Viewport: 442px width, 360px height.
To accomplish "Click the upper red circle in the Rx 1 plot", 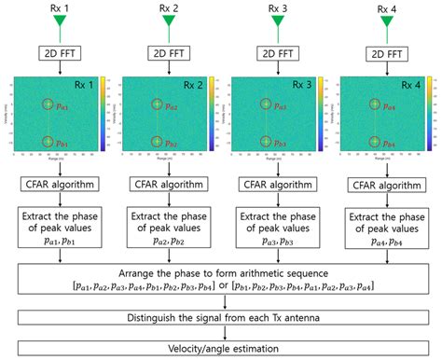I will click(48, 105).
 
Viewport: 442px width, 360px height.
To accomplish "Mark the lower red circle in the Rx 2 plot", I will click(156, 142).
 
